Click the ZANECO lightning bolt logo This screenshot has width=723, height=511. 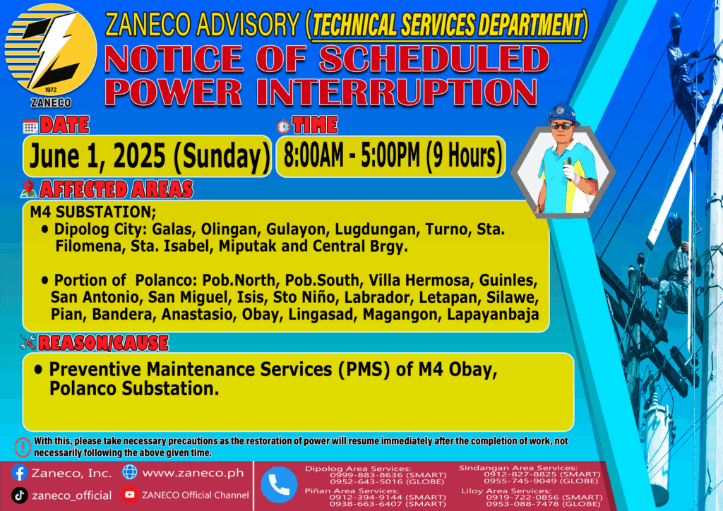point(51,50)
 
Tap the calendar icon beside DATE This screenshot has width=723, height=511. point(30,126)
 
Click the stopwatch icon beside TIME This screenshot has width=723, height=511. point(284,126)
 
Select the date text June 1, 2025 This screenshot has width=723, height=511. point(97,156)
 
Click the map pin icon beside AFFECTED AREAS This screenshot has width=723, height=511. point(28,189)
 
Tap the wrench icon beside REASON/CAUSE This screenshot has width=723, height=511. point(28,342)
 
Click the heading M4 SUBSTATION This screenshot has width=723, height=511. point(93,212)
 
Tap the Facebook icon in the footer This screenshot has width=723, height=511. point(19,473)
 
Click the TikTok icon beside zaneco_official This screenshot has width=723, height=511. point(19,495)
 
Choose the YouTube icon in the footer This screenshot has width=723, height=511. point(130,495)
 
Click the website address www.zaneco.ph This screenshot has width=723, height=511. point(193,473)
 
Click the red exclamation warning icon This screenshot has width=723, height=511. point(23,447)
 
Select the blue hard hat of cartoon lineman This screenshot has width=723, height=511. point(561,112)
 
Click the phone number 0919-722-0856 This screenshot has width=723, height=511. point(520,497)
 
